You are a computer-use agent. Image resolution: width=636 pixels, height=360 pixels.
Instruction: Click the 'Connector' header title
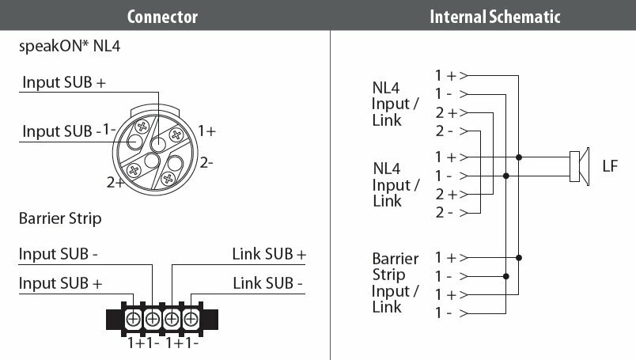click(x=162, y=16)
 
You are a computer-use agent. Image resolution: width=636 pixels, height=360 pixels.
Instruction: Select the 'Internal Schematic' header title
click(x=483, y=16)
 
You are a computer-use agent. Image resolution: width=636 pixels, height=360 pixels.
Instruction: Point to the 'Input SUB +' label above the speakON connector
click(x=63, y=82)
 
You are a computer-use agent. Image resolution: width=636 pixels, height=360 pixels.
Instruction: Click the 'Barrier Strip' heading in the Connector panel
click(x=60, y=218)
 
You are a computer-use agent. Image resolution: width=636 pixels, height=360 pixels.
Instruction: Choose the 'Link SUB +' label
click(x=269, y=255)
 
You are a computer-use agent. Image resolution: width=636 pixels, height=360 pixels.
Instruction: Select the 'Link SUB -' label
click(x=269, y=282)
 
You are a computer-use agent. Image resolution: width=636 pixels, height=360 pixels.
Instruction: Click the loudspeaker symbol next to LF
click(x=579, y=166)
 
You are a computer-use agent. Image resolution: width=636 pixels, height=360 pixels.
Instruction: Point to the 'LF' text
click(x=610, y=166)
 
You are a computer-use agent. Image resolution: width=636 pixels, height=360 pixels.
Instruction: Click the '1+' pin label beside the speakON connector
click(x=206, y=131)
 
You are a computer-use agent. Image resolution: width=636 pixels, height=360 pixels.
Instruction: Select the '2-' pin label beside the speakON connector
click(x=206, y=163)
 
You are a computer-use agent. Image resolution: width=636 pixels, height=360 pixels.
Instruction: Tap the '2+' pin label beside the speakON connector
click(x=115, y=183)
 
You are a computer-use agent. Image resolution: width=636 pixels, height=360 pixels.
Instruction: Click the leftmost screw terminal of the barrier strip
click(x=134, y=319)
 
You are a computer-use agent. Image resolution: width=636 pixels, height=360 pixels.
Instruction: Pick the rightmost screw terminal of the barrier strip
click(x=190, y=319)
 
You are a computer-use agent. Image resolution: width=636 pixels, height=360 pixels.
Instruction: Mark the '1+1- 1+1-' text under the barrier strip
click(x=163, y=344)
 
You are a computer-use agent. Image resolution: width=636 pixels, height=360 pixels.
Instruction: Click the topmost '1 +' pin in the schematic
click(x=446, y=76)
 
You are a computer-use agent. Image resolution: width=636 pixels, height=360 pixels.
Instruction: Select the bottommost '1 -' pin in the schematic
click(x=444, y=313)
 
